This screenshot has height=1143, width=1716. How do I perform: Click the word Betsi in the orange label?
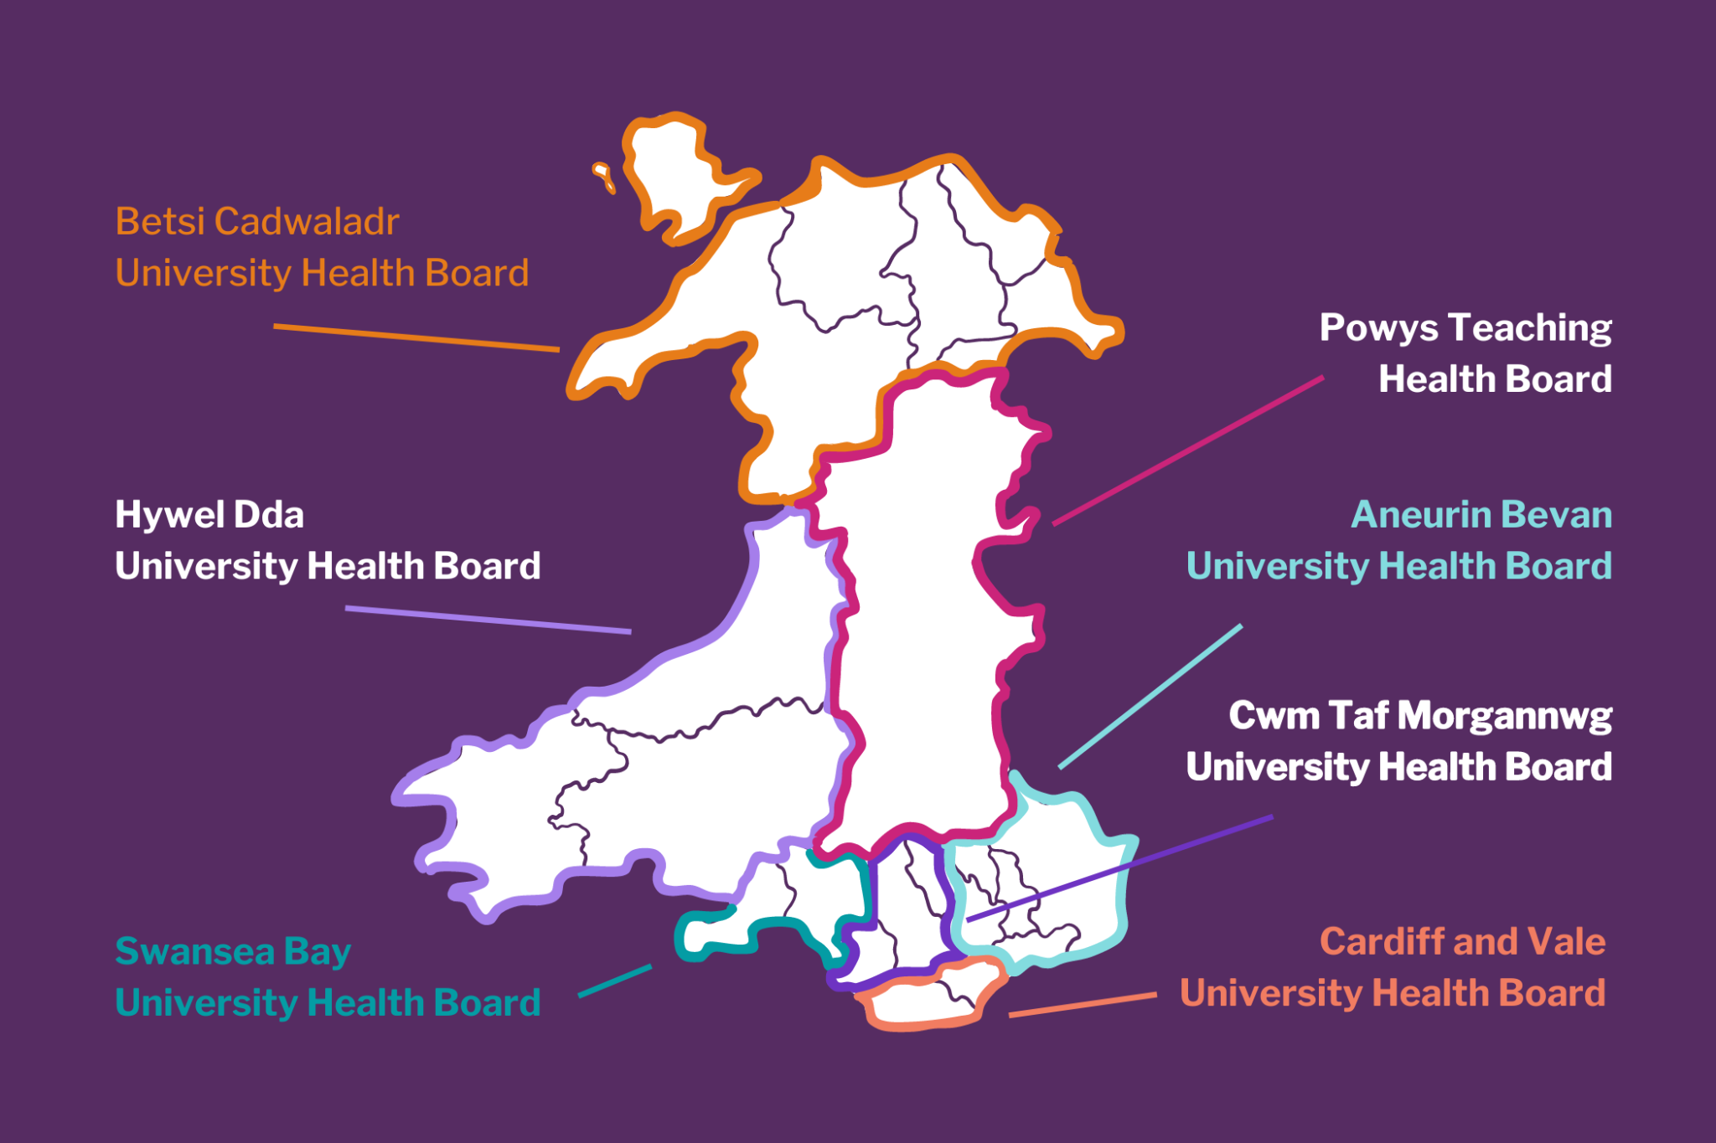[159, 222]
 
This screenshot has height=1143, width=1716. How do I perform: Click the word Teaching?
[1529, 328]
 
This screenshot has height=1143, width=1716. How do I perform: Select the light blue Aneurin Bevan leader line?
[1150, 697]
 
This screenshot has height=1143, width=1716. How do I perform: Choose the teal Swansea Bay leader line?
[615, 981]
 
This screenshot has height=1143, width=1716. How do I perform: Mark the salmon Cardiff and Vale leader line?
[1083, 1005]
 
